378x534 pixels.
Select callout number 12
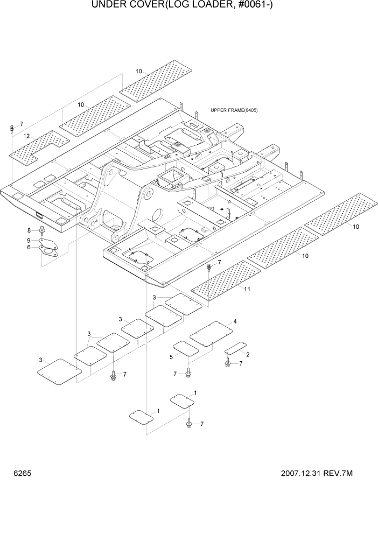pos(26,136)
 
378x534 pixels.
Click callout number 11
pos(247,289)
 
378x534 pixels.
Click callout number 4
pos(235,321)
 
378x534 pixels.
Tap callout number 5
pos(171,356)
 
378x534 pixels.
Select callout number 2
pos(247,354)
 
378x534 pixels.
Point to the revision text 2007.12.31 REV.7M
pos(317,474)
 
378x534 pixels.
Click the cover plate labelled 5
pos(185,348)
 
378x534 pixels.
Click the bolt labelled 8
pos(41,231)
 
